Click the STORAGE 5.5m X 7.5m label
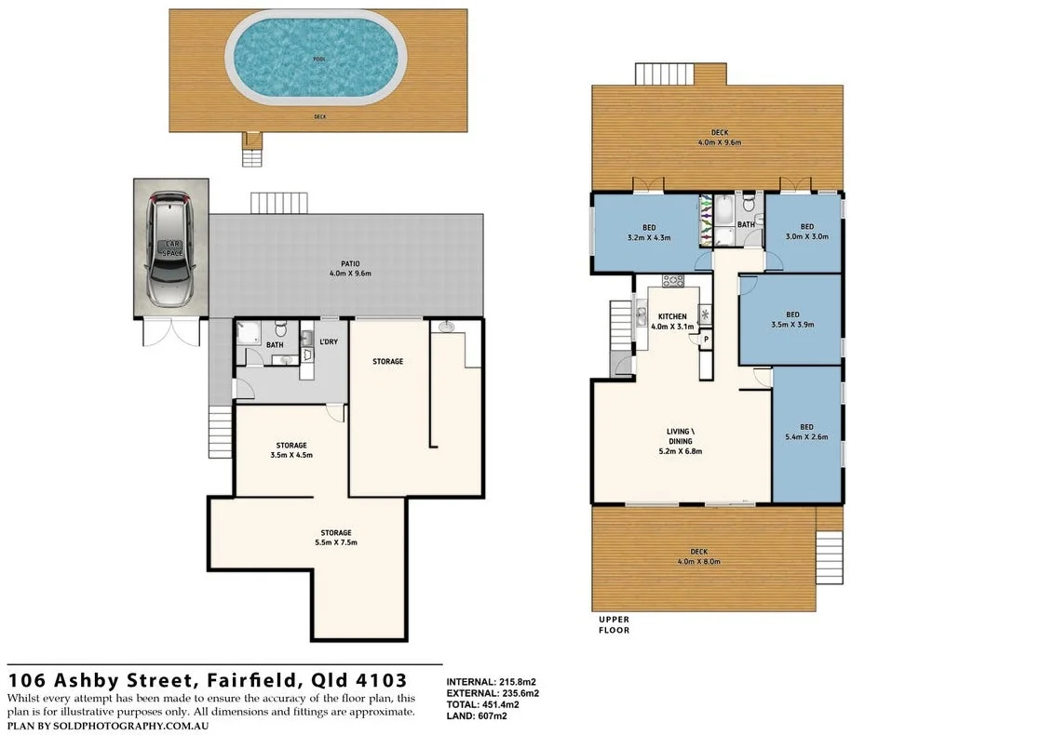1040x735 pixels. coord(337,537)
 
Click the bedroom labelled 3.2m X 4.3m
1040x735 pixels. coord(648,232)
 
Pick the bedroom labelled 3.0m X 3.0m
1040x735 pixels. coord(806,232)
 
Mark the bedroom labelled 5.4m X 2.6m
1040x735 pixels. coord(806,432)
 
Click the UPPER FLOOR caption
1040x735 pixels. coord(614,624)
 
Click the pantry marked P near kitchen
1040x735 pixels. coord(707,340)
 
